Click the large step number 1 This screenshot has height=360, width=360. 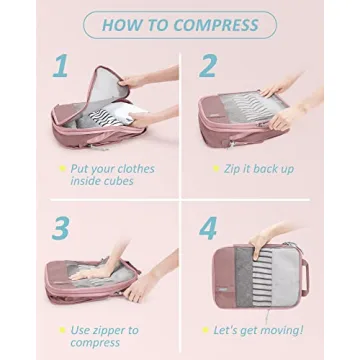pos(61,68)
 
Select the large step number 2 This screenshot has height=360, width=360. pos(208,67)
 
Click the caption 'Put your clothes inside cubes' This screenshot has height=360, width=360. pos(112,175)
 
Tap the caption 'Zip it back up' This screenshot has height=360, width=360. pos(258,169)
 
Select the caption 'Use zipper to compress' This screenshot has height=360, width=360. pos(104,336)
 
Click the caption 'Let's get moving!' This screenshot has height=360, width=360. pos(258,330)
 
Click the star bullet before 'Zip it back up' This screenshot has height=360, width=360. pos(215,169)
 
